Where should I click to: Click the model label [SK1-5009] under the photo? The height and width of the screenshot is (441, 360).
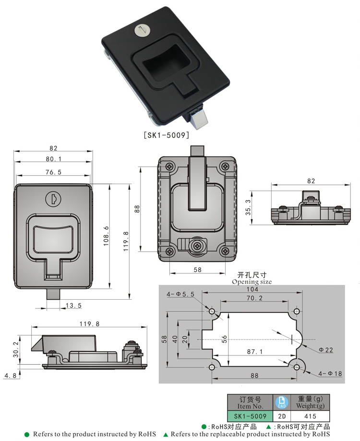click(x=167, y=135)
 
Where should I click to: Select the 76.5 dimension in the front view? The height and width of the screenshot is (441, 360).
click(x=53, y=172)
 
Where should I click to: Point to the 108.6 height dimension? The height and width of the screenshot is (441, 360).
click(x=107, y=236)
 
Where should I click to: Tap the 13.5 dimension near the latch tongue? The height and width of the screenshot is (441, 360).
click(x=73, y=305)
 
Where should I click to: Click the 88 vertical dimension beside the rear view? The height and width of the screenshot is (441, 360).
click(x=137, y=208)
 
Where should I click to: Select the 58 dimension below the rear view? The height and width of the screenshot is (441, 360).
click(x=197, y=270)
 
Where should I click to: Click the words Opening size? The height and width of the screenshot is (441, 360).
click(x=252, y=282)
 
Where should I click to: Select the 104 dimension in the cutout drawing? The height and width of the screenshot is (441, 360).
click(x=252, y=291)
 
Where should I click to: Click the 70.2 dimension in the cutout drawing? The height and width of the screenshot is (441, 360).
click(x=254, y=298)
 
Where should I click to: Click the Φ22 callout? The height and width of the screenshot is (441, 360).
click(x=326, y=350)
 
